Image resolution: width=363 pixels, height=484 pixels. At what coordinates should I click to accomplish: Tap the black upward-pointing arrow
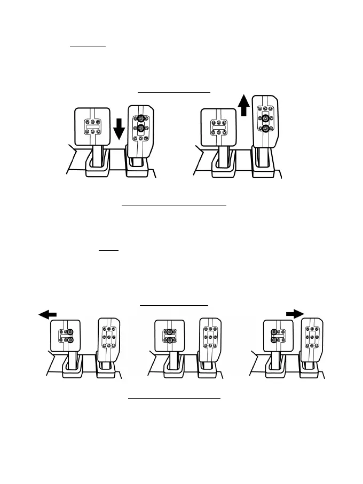click(243, 105)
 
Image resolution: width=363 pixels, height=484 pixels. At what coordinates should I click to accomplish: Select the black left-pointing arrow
click(48, 315)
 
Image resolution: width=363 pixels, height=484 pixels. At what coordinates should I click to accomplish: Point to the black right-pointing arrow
click(294, 314)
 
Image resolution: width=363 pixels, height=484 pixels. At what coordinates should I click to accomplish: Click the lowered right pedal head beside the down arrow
click(141, 130)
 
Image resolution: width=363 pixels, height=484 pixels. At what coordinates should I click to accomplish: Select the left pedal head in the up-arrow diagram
click(218, 127)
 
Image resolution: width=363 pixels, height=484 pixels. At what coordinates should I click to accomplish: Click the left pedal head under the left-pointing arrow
click(68, 336)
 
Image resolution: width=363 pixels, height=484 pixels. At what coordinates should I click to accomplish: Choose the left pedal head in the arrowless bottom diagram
click(169, 336)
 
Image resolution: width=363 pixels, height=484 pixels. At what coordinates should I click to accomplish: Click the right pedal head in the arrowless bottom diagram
click(210, 337)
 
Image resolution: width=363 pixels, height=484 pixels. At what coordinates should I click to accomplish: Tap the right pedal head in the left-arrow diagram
click(109, 337)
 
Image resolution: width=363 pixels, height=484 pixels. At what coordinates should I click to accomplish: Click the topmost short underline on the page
click(88, 46)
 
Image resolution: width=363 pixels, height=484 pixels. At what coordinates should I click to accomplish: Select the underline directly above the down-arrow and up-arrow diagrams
click(174, 92)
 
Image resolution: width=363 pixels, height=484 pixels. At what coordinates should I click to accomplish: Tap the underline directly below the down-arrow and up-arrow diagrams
click(174, 204)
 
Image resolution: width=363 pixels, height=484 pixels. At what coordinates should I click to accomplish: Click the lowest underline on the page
click(174, 398)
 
